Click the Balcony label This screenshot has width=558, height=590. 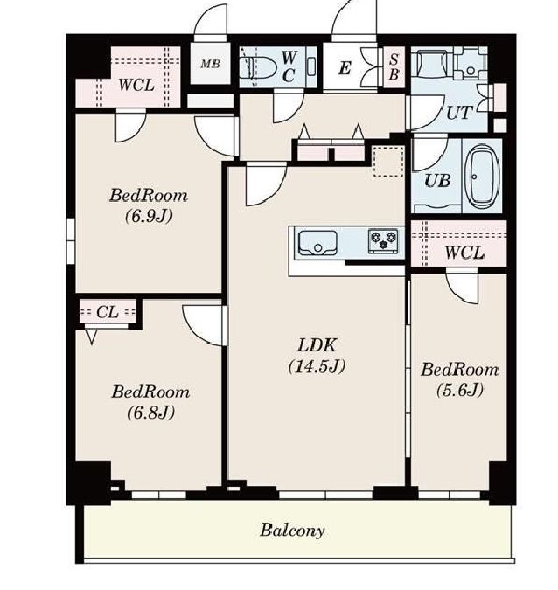[292, 531]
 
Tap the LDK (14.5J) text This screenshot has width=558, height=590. [317, 356]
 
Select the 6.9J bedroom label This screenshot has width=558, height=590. [149, 205]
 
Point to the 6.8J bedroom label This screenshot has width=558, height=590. [150, 402]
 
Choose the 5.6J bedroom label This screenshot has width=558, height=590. [460, 379]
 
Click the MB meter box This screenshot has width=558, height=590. [210, 64]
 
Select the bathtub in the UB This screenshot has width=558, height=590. [483, 177]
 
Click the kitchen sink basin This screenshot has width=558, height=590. [317, 243]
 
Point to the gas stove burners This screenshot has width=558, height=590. [383, 240]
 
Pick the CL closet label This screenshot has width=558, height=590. [108, 312]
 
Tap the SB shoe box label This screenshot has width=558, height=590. [394, 67]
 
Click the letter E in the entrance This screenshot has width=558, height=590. [345, 68]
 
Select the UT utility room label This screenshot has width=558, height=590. [458, 113]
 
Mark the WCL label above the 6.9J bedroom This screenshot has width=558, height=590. [136, 85]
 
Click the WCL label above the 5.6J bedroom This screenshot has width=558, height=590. [464, 253]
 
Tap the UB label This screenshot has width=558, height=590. [436, 181]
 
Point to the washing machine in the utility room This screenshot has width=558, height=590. [470, 62]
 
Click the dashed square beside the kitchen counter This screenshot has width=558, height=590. [388, 161]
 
